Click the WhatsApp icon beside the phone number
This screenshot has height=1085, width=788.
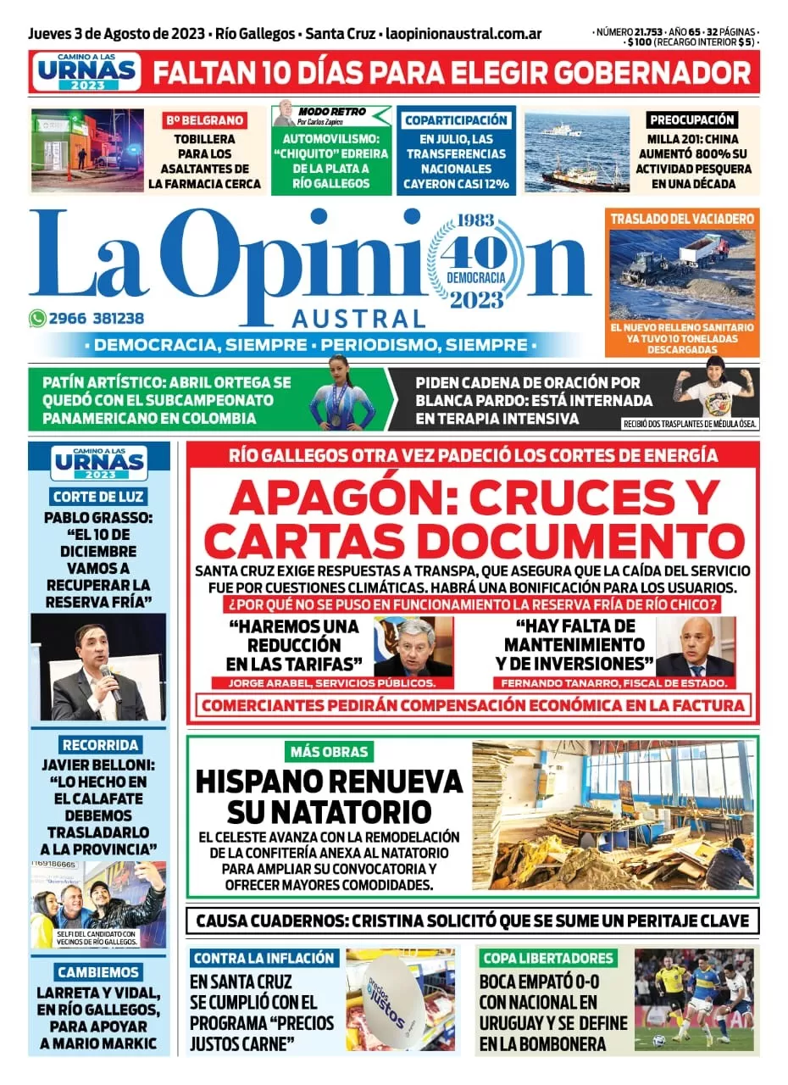37,319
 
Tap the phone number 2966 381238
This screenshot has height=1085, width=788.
96,319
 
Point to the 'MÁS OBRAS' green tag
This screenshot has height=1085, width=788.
329,751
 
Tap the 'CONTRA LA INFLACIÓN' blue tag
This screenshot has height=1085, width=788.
264,959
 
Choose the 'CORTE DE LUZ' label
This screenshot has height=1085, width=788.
97,497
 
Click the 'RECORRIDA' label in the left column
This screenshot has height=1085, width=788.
100,745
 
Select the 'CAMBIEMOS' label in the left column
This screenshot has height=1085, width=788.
99,972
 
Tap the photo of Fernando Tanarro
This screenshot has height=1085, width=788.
695,646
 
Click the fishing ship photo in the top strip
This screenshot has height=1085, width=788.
576,153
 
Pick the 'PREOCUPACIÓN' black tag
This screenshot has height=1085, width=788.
691,120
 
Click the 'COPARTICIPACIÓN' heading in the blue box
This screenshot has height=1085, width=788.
456,120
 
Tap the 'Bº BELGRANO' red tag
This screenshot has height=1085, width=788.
204,120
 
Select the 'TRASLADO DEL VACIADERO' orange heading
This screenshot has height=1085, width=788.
682,219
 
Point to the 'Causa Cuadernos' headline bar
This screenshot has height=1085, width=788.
472,921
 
